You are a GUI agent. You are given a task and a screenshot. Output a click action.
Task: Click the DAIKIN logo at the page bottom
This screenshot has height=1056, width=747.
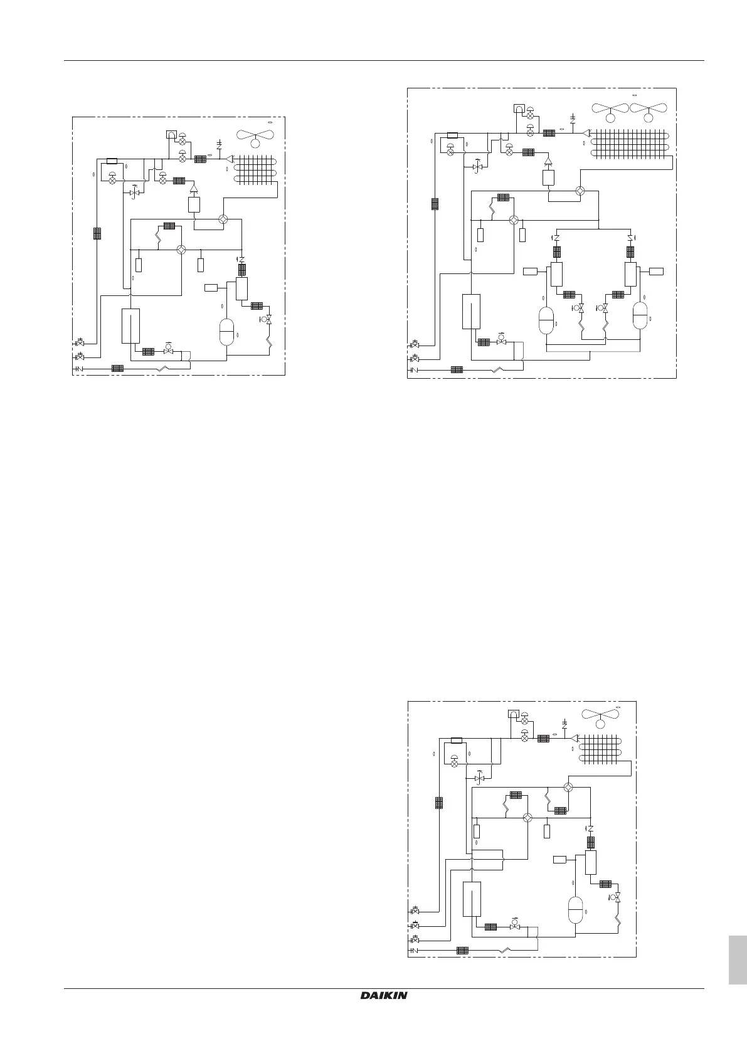click(x=384, y=996)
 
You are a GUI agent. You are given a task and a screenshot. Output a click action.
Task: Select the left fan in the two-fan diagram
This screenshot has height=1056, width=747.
click(x=610, y=112)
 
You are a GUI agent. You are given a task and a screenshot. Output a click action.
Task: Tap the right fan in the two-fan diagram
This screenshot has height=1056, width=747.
click(x=648, y=112)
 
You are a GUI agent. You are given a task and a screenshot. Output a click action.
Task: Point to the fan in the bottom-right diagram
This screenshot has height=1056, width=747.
click(x=600, y=718)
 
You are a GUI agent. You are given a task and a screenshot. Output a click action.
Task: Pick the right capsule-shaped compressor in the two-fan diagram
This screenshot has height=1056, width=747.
click(x=640, y=315)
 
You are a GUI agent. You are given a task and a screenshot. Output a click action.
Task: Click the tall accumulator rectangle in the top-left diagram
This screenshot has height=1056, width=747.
click(x=130, y=325)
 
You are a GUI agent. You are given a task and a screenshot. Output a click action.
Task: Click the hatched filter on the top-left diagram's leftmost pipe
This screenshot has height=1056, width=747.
click(x=97, y=233)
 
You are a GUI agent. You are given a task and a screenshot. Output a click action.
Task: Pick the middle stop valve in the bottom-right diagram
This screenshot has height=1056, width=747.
click(x=415, y=926)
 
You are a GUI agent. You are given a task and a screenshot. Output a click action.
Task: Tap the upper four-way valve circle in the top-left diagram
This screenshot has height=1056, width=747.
click(x=223, y=220)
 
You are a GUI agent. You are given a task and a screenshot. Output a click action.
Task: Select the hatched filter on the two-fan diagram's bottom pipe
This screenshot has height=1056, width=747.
click(x=457, y=369)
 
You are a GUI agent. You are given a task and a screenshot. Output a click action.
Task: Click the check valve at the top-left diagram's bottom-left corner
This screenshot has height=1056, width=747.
click(x=80, y=369)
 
